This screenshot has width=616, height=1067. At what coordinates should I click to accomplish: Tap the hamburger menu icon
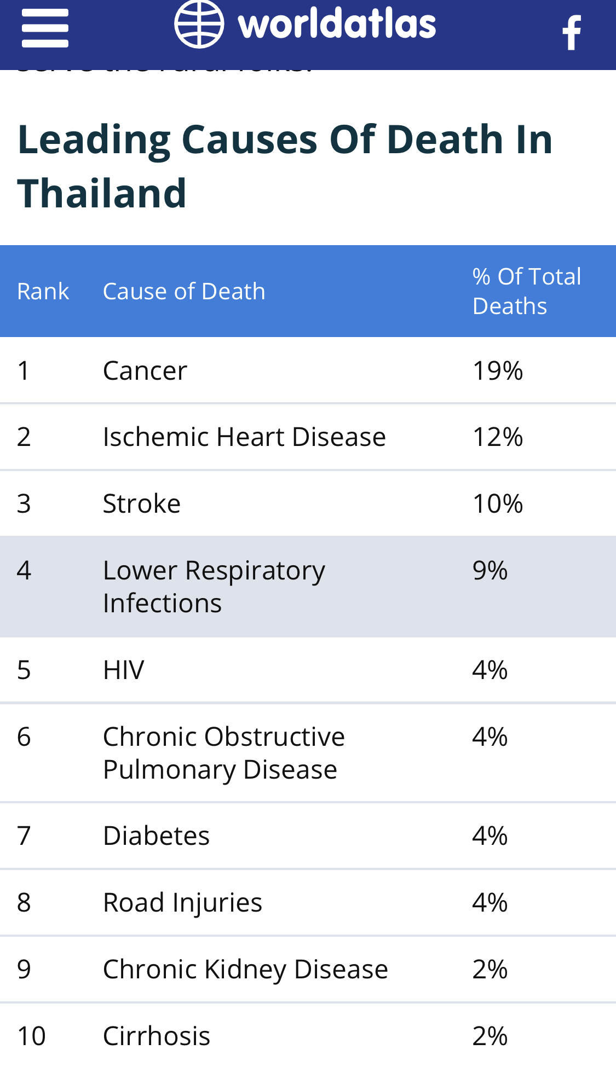tap(45, 28)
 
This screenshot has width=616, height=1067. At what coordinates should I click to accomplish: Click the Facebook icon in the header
tap(572, 33)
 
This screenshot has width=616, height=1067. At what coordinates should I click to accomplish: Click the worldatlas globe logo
tap(199, 25)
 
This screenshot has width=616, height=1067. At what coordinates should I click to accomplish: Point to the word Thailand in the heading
tap(102, 193)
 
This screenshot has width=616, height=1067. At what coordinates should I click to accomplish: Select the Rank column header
tap(43, 291)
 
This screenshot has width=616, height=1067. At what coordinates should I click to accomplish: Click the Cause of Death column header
tap(184, 291)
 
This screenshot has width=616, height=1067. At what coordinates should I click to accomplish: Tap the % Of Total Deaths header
tap(526, 291)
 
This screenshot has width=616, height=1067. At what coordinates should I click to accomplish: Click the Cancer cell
tap(145, 371)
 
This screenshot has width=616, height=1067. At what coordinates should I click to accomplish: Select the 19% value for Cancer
tap(497, 371)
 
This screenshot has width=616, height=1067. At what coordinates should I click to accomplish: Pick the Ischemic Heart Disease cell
tap(244, 437)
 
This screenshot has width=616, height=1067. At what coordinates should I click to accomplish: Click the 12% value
tap(497, 437)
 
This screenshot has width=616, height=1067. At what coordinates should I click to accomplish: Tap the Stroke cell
tap(142, 503)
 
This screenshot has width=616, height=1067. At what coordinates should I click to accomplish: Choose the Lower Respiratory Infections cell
tap(214, 587)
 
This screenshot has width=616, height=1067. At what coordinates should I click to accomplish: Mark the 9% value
tap(490, 571)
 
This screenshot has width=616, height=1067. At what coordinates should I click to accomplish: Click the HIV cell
tap(124, 670)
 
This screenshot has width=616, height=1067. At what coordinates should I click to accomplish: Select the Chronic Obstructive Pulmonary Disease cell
tap(223, 753)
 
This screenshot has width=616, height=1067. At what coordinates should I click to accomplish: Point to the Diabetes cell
tap(156, 836)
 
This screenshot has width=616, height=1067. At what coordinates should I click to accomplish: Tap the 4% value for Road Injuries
tap(490, 903)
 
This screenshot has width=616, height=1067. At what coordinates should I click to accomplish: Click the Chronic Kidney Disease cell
tap(245, 970)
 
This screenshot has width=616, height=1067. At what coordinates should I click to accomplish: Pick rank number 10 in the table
tap(31, 1036)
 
